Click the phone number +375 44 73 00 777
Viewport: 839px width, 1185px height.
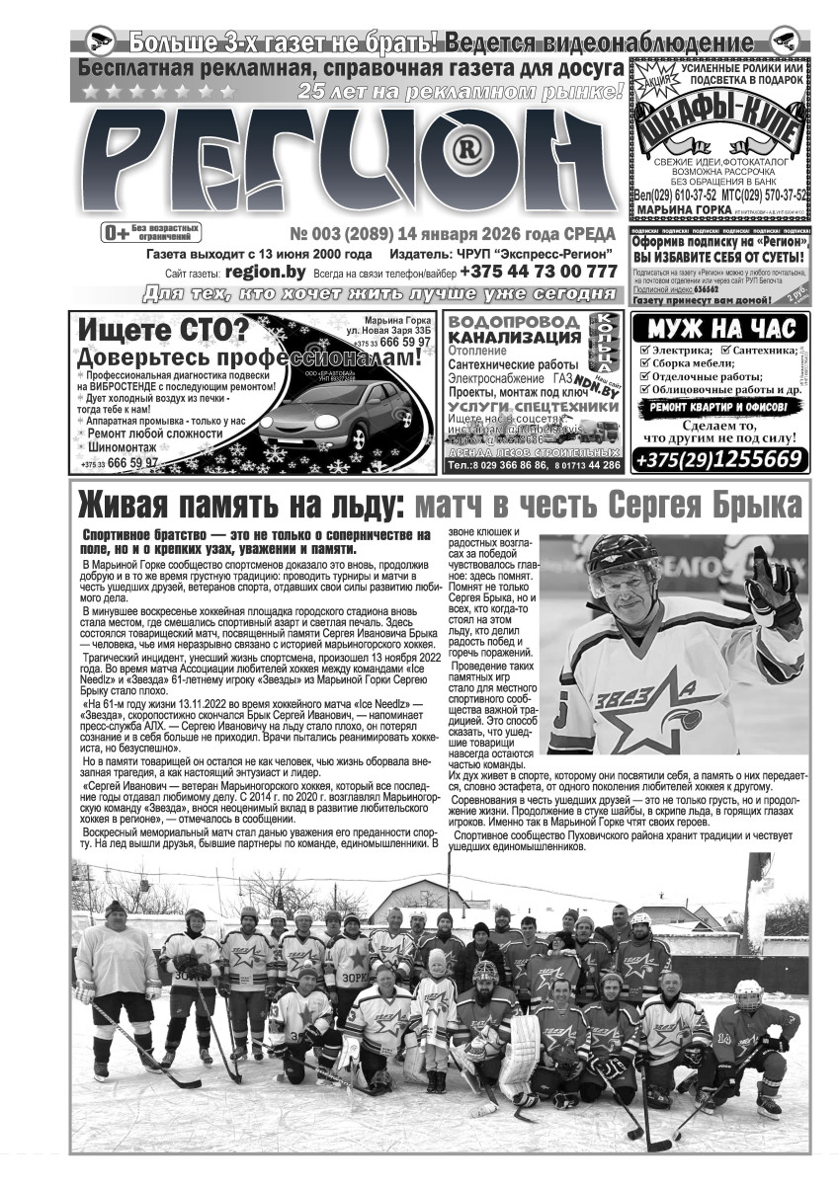[538, 271]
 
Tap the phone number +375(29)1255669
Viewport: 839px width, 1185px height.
[718, 459]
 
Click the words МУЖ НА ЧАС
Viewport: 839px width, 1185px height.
[718, 328]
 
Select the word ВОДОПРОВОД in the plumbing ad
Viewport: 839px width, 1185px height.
[513, 323]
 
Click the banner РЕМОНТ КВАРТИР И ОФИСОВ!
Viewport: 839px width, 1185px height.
[718, 406]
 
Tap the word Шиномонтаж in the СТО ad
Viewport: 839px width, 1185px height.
[129, 446]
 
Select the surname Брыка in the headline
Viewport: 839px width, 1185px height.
[751, 505]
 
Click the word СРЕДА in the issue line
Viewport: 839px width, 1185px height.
[588, 234]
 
